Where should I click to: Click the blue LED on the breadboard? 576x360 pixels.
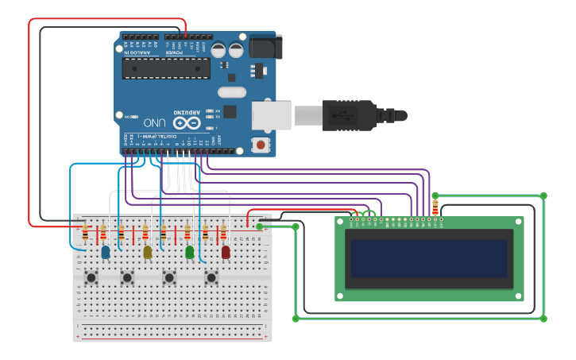coord(106,252)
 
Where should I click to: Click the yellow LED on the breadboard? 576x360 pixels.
coord(147,252)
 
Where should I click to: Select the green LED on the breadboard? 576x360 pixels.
coord(189,252)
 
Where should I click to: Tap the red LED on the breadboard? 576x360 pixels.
coord(226,252)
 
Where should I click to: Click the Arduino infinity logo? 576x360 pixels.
coord(187,123)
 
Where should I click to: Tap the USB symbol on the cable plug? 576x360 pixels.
coord(343,116)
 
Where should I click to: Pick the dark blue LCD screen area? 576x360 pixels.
coord(429,258)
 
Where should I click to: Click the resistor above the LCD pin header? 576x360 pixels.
coord(435,207)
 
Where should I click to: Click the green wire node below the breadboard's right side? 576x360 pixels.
coord(296,319)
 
